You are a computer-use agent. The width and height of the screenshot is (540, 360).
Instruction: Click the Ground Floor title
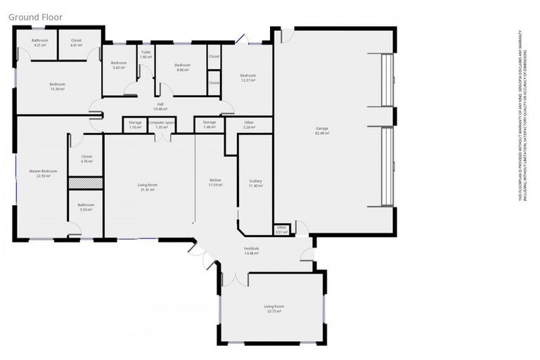(34, 16)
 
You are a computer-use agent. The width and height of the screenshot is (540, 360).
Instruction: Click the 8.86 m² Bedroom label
(183, 67)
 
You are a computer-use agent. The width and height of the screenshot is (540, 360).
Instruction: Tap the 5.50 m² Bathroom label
(86, 207)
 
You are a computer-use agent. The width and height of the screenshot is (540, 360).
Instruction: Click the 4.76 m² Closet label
(86, 159)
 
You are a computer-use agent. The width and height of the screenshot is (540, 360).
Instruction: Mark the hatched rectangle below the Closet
(86, 183)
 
